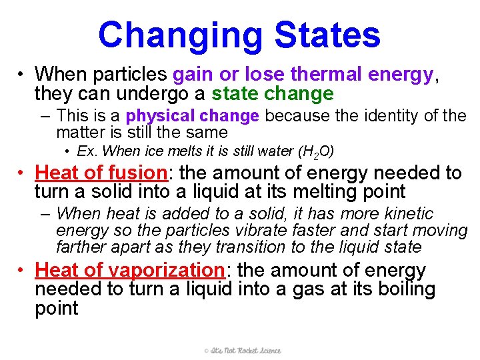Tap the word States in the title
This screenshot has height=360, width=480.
[327, 35]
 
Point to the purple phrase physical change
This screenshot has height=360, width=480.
[193, 116]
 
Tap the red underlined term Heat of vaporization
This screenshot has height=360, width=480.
[129, 271]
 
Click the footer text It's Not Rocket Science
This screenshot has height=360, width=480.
[243, 350]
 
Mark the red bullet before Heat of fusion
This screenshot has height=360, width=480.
[22, 173]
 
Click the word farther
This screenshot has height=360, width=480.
[81, 247]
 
